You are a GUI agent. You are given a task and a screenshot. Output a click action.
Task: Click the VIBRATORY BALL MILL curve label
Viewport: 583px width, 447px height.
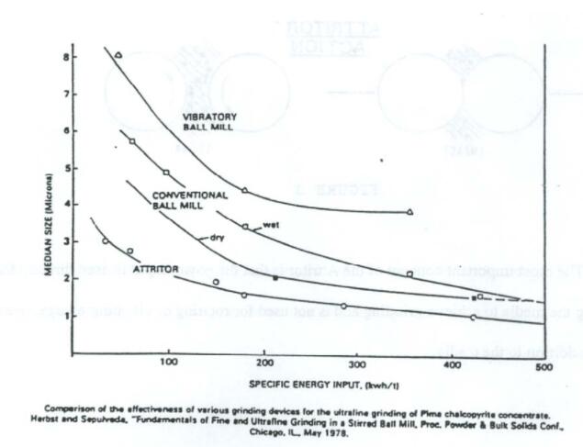pos(209,122)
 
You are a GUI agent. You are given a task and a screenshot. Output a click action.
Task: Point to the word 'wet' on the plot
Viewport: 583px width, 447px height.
pos(271,224)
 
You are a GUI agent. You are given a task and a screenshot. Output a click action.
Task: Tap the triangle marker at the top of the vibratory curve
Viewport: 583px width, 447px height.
pos(119,55)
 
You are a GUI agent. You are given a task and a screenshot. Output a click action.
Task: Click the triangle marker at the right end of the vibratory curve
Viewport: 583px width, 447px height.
pos(410,212)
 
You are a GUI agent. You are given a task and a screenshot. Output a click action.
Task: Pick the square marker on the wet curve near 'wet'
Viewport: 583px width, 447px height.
pos(245,226)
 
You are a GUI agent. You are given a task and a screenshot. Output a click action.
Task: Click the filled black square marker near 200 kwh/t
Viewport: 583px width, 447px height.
pos(275,276)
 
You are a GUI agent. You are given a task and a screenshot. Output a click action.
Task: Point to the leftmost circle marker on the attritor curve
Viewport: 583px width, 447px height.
pos(106,241)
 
